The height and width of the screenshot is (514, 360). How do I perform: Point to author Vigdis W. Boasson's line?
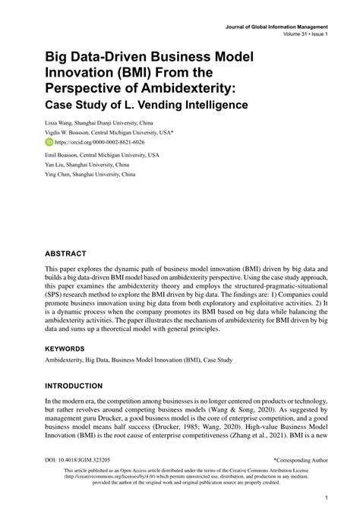click(109, 131)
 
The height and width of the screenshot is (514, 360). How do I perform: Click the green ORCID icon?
click(49, 141)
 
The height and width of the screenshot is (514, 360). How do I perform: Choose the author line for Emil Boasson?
click(101, 154)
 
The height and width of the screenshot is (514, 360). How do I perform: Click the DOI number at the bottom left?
click(79, 459)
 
